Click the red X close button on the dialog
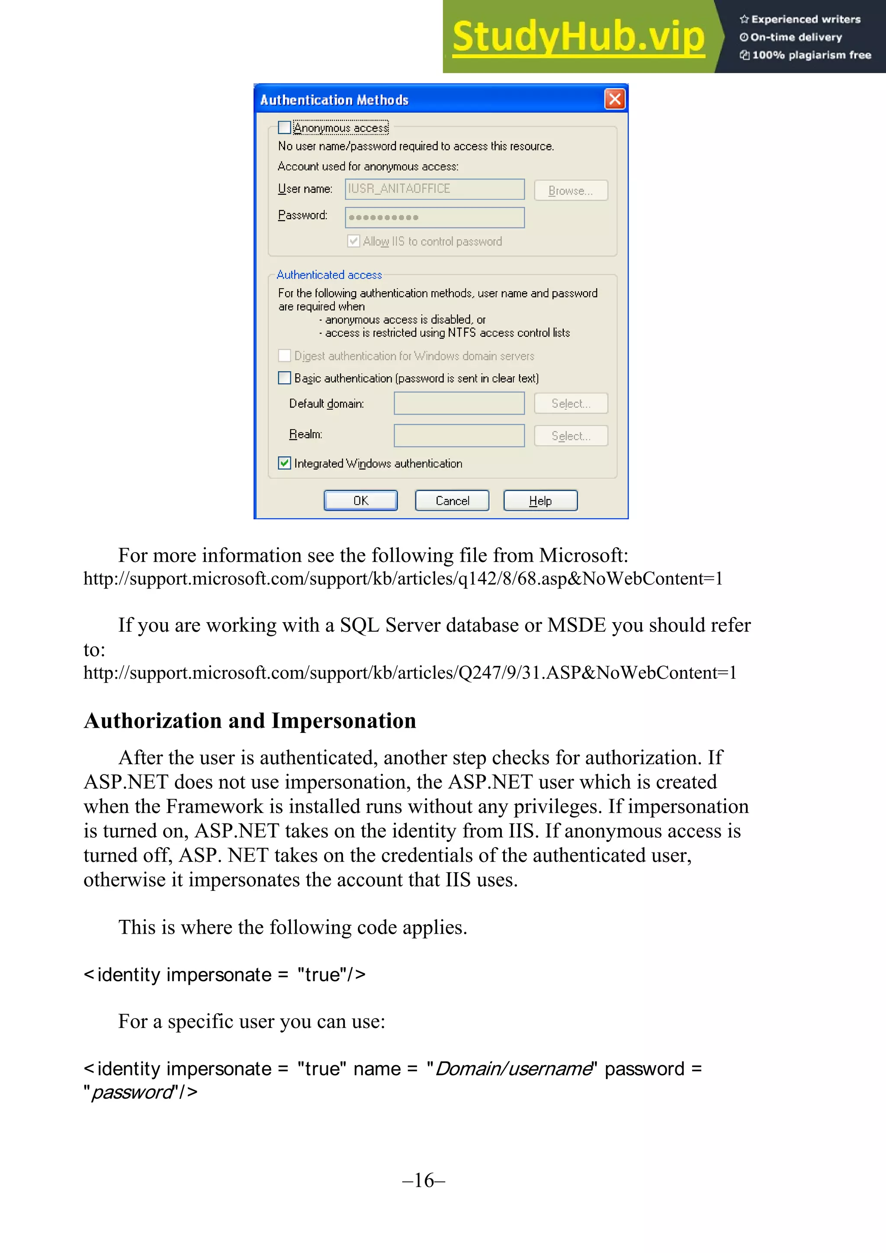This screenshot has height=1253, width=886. click(615, 100)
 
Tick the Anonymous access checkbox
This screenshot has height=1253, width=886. click(284, 128)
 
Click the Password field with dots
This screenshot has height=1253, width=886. click(434, 217)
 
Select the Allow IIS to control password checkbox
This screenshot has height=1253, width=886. click(353, 241)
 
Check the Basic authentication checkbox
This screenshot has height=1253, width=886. click(284, 378)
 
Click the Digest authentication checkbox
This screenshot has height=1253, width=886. click(284, 356)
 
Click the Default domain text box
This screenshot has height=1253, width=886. click(459, 403)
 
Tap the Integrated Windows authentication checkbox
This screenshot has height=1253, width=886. click(284, 463)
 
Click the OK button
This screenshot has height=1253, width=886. click(361, 501)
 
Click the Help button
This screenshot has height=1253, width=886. click(540, 501)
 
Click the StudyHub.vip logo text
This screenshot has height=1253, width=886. click(578, 37)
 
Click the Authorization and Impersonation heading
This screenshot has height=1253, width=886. click(250, 721)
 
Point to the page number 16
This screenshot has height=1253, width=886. click(424, 1180)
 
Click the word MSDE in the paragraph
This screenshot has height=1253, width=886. click(576, 625)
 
